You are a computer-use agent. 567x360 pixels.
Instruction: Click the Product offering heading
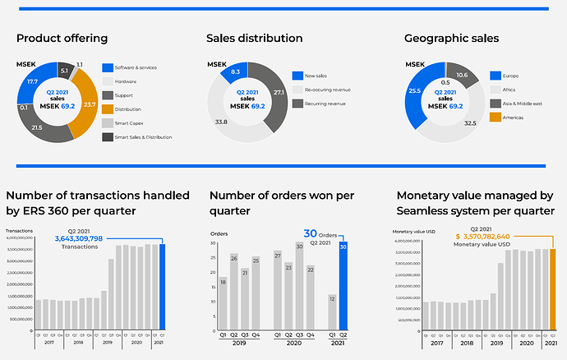(x=62, y=39)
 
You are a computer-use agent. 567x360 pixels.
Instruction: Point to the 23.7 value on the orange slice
(x=90, y=104)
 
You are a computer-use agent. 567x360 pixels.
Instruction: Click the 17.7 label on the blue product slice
(x=32, y=81)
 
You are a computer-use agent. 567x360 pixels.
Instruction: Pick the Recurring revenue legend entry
(x=327, y=104)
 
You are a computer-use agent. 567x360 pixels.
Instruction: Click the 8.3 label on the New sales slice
(x=235, y=72)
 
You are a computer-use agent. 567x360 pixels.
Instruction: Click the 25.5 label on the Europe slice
(x=414, y=90)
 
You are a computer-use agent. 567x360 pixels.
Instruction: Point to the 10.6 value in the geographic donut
(x=462, y=76)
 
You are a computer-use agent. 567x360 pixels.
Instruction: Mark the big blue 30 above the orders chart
(x=311, y=233)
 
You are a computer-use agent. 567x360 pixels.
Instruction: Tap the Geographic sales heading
(x=452, y=39)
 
